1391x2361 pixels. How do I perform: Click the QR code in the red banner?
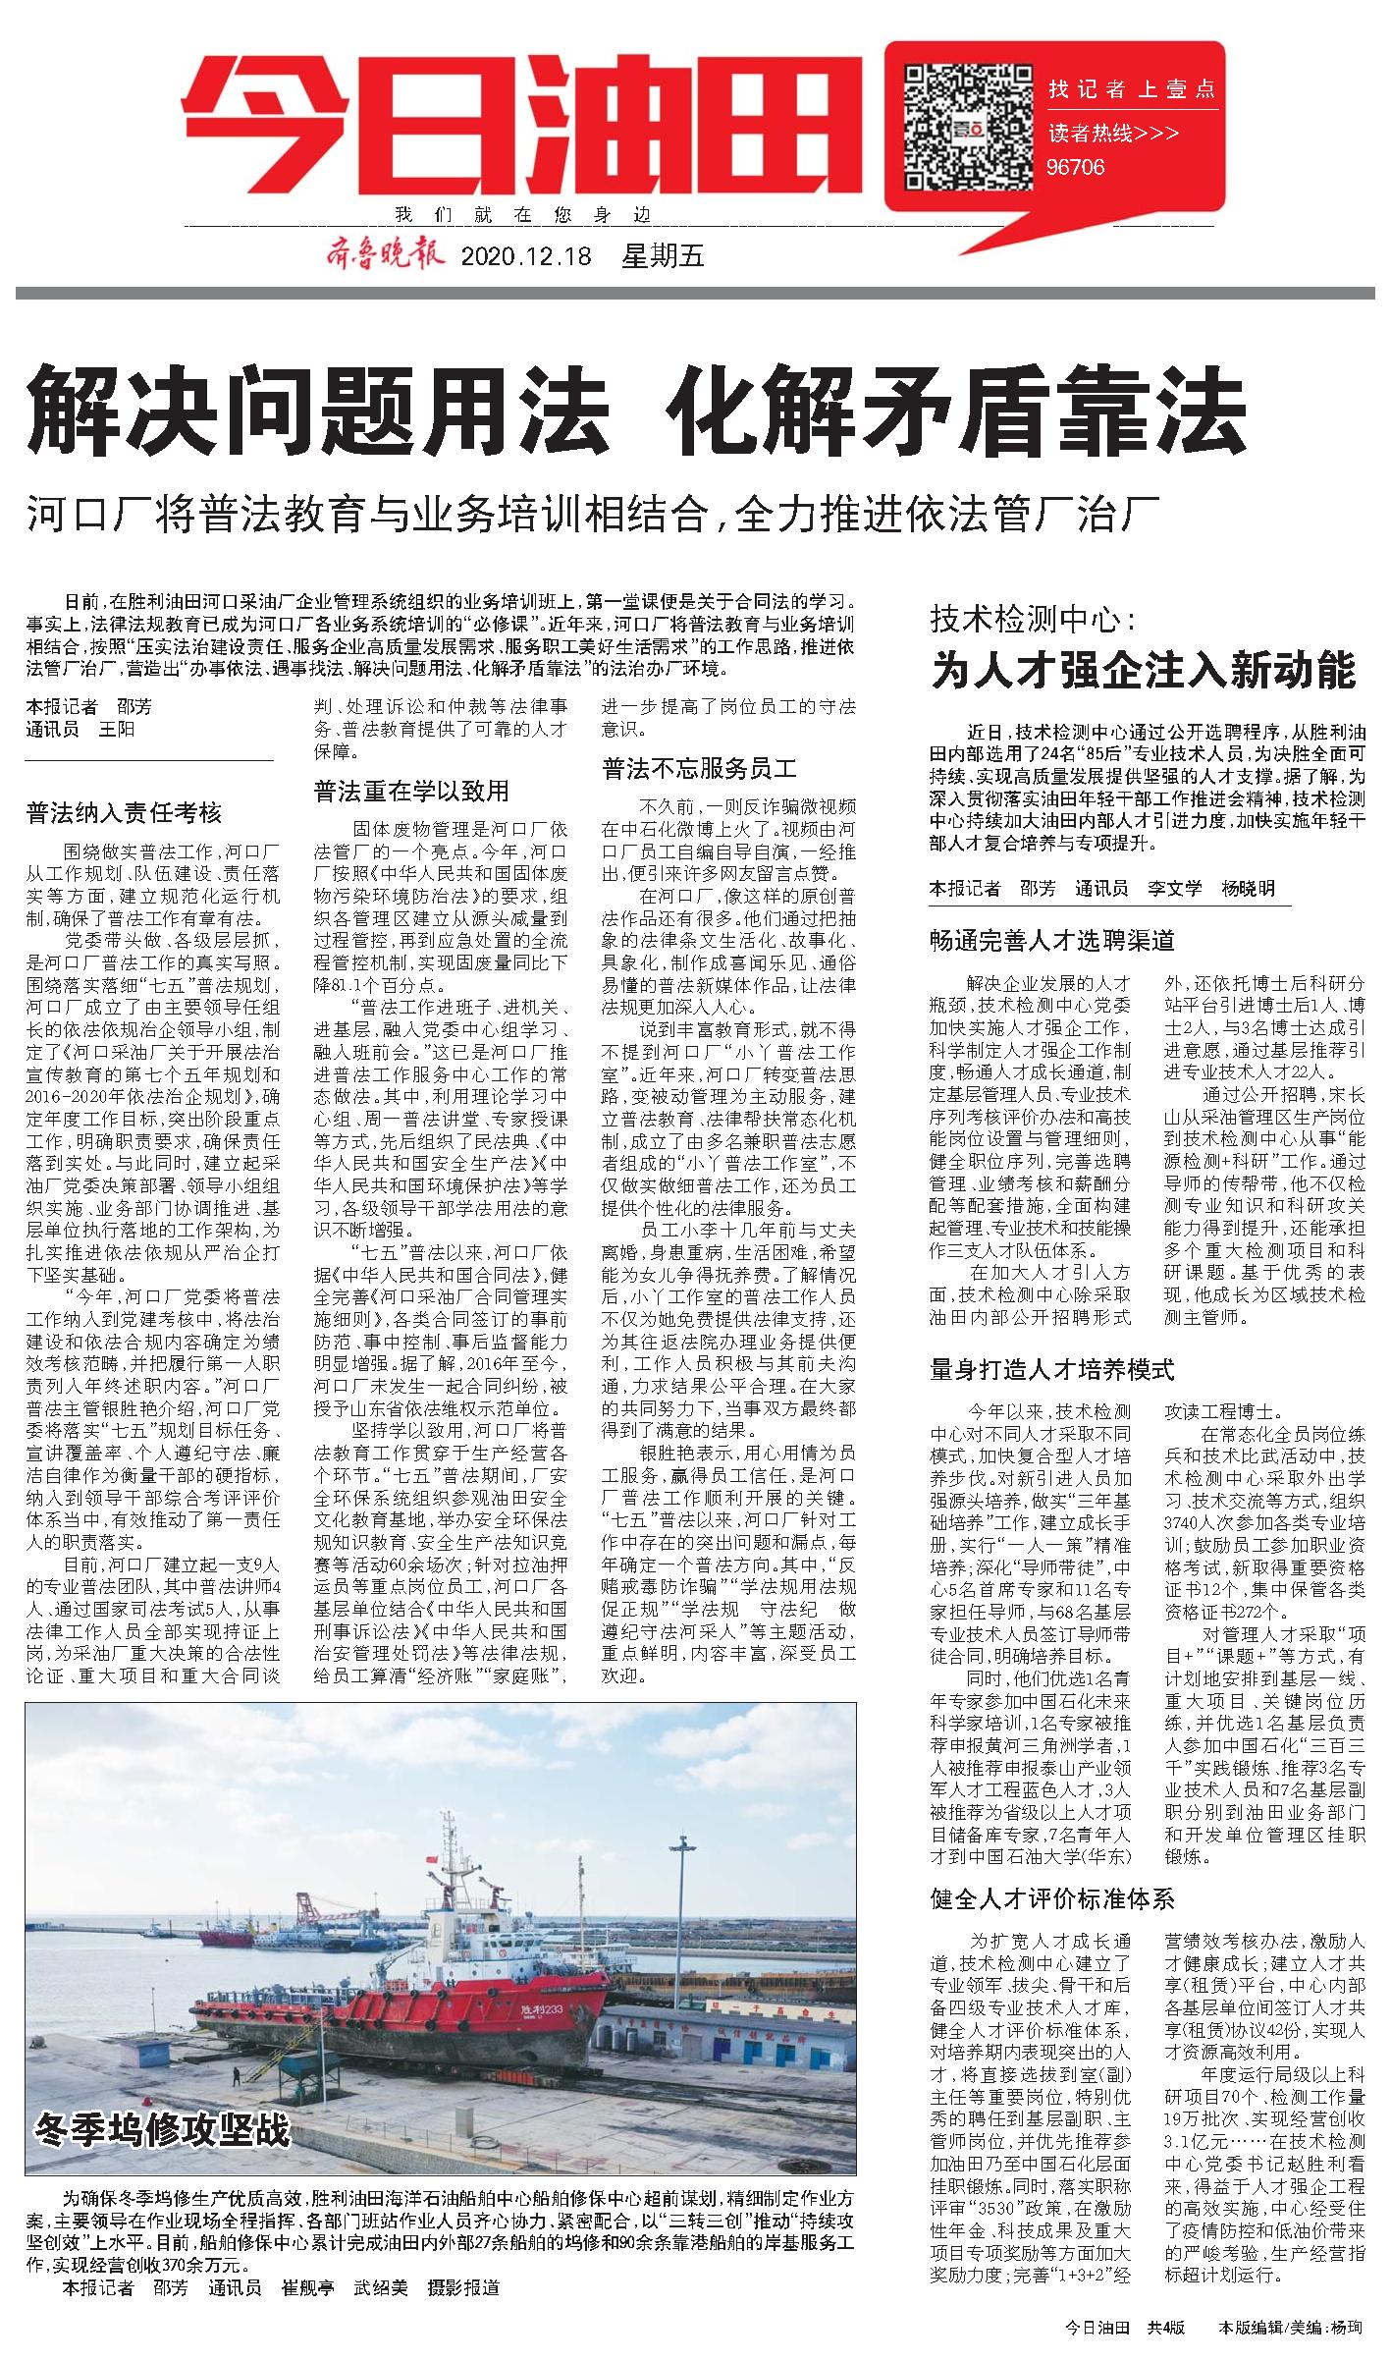(x=963, y=124)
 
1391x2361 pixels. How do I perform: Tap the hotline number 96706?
(x=1077, y=167)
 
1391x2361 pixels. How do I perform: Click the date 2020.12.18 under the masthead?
(x=526, y=257)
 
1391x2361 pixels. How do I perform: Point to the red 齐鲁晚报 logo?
(x=386, y=256)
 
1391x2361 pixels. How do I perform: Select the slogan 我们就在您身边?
(x=522, y=216)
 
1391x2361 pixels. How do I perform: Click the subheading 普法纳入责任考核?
(x=124, y=812)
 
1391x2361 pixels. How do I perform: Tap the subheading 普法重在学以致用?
(x=411, y=791)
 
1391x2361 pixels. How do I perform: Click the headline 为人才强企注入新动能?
(x=1143, y=671)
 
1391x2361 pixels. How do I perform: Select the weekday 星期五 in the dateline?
(x=664, y=257)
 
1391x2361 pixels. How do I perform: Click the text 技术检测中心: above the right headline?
(x=1033, y=620)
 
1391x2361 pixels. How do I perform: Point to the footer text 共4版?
(x=1167, y=2328)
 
